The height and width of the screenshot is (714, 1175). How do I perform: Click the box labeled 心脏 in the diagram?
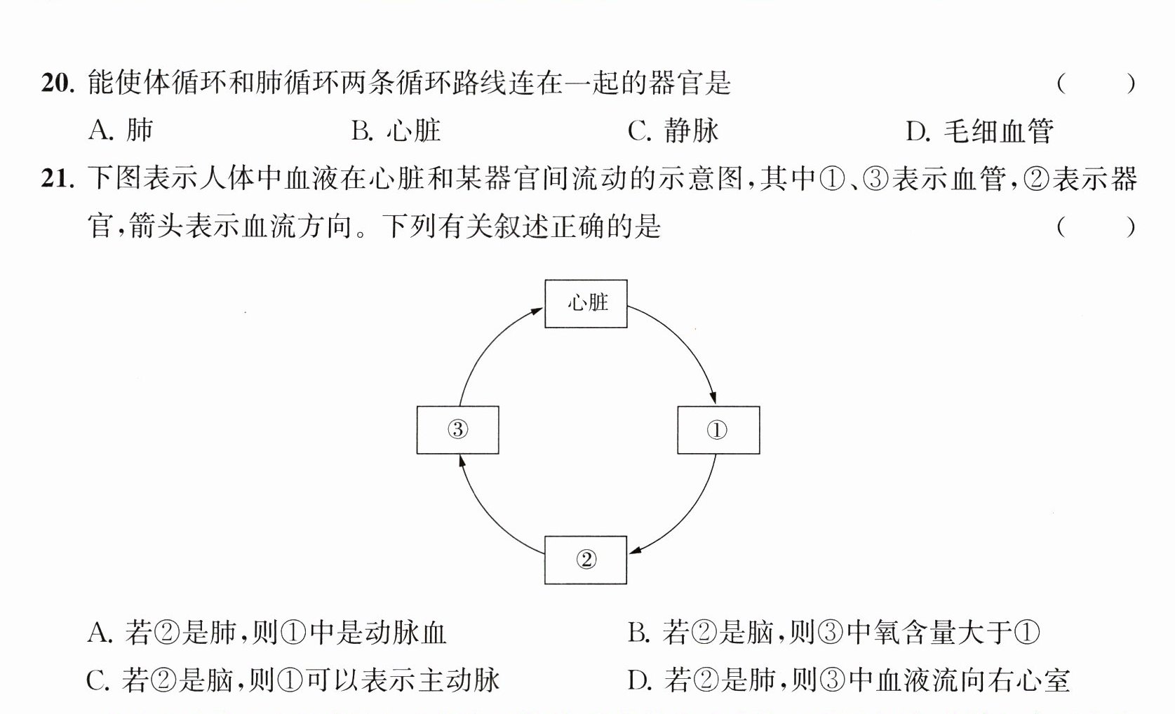click(x=586, y=304)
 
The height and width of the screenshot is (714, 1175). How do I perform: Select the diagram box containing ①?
click(x=718, y=430)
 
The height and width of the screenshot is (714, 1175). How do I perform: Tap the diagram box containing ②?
click(x=586, y=560)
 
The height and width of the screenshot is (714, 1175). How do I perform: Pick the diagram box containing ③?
click(x=458, y=430)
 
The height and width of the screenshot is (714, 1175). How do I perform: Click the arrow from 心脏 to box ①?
click(x=685, y=341)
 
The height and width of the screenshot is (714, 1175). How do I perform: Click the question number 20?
click(x=58, y=83)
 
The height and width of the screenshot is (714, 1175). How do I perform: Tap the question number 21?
click(x=58, y=179)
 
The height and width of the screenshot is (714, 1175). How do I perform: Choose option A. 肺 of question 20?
click(x=121, y=130)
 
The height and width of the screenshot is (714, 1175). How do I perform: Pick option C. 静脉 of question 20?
click(x=673, y=130)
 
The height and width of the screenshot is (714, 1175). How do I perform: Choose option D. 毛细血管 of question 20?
click(x=980, y=130)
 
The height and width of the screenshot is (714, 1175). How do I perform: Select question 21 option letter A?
click(x=100, y=633)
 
